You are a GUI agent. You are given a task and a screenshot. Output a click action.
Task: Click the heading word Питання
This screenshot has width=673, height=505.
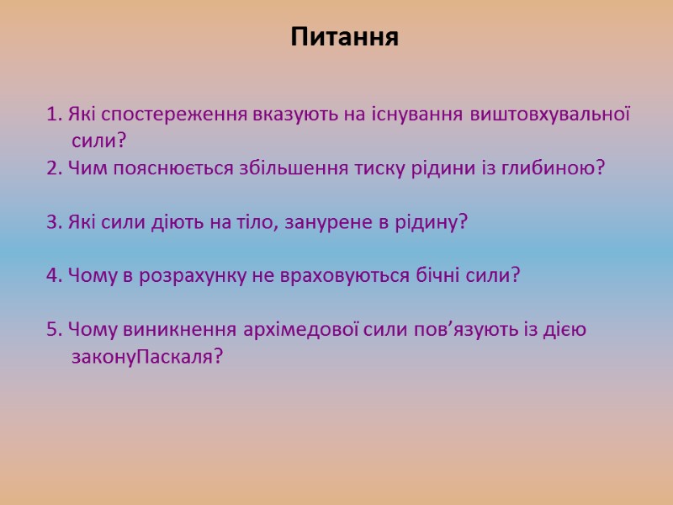click(344, 38)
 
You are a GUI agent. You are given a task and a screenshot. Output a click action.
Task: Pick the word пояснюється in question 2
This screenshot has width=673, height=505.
click(166, 167)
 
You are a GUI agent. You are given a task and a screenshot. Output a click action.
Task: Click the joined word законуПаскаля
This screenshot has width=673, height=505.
click(148, 357)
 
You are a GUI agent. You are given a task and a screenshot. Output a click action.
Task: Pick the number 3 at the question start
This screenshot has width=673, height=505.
click(52, 222)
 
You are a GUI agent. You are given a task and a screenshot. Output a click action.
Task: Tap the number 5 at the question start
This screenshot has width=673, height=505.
click(52, 329)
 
